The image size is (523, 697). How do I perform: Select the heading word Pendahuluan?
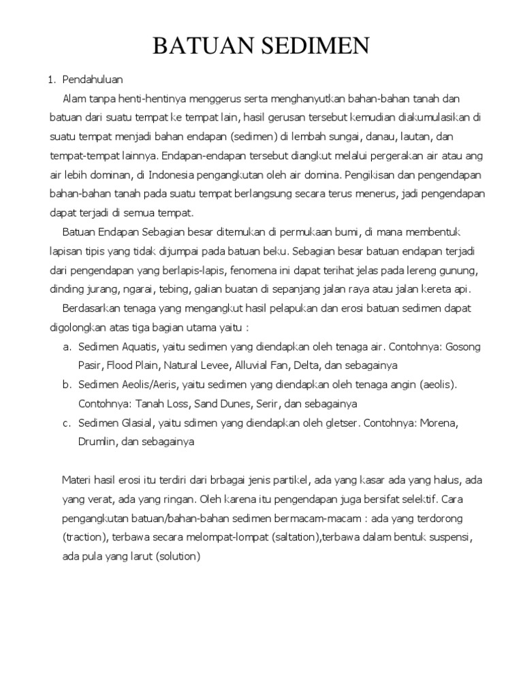92,80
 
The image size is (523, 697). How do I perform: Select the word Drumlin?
98,442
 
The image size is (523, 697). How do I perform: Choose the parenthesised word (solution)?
177,556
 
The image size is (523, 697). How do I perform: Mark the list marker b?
67,385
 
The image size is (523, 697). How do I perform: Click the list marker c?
67,423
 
